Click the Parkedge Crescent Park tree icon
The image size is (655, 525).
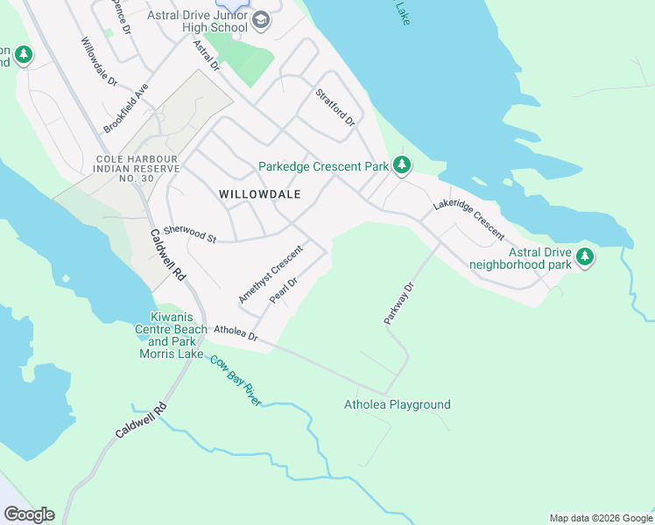(402, 164)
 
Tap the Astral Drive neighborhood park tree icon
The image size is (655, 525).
(584, 257)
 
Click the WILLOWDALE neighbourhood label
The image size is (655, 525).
(260, 194)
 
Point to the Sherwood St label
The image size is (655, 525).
(189, 232)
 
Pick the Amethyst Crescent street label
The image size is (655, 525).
(270, 274)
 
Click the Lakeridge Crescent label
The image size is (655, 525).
(468, 220)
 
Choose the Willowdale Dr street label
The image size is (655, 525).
(99, 61)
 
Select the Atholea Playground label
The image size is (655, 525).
(398, 404)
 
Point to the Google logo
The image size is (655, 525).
(29, 514)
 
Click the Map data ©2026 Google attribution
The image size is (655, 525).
(600, 518)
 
